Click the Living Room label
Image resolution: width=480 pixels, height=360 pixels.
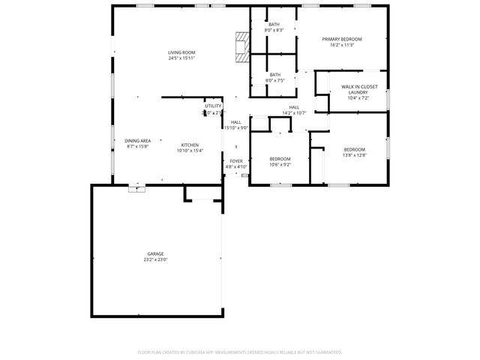tap(181, 52)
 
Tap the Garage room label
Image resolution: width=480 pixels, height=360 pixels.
tap(155, 253)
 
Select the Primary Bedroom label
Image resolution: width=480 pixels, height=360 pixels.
tap(342, 39)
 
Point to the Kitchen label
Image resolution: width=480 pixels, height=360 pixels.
tap(189, 145)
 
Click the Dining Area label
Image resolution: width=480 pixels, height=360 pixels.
tap(137, 141)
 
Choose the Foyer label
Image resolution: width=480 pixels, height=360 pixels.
tap(236, 161)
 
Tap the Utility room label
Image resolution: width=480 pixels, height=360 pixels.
tap(214, 106)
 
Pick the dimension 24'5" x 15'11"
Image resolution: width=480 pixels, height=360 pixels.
tap(181, 58)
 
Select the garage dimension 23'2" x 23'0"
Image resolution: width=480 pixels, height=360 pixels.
tap(155, 259)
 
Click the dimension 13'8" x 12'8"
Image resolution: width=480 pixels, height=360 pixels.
tap(354, 155)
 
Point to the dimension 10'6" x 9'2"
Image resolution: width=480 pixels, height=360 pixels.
tap(280, 164)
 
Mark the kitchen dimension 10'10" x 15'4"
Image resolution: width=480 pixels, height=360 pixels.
tap(189, 151)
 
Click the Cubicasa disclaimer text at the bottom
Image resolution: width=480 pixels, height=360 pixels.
tap(240, 352)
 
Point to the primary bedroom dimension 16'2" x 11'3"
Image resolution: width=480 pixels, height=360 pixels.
tap(342, 45)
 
